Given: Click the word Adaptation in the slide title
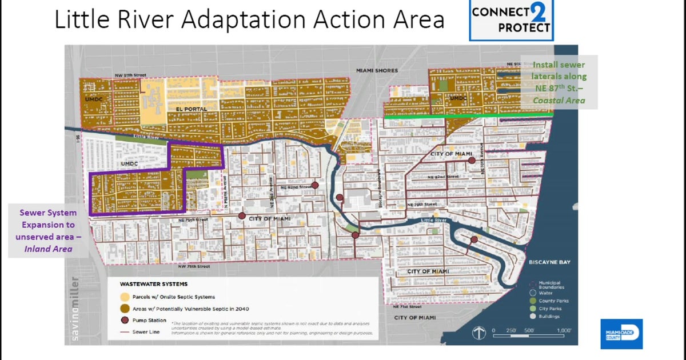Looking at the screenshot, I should point(248,20).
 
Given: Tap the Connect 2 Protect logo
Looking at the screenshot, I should point(511,20).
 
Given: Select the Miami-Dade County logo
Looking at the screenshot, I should point(621,334).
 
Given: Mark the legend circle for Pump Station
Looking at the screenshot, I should point(123,321).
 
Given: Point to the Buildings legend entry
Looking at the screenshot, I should point(549,316).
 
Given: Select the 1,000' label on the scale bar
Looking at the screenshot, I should point(564,330).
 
